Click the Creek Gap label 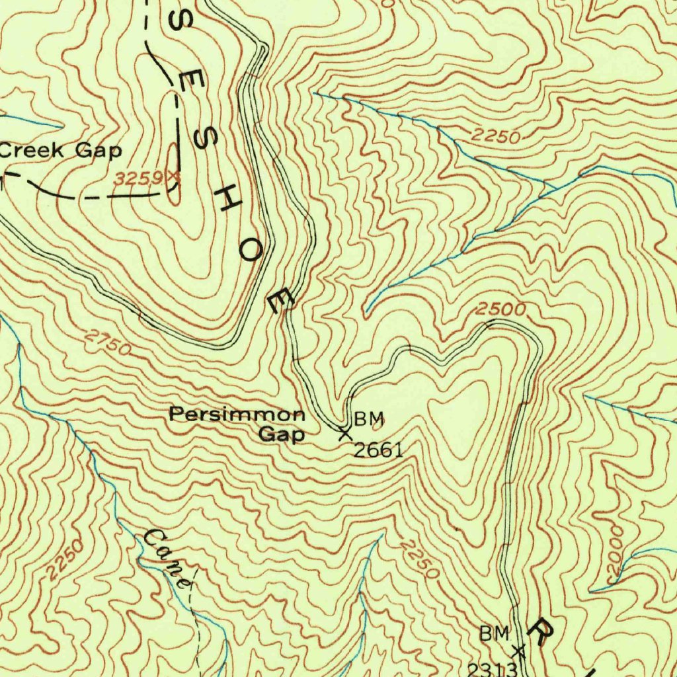point(61,151)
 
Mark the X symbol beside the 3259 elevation point(174,177)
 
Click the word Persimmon point(237,415)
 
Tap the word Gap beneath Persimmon point(281,435)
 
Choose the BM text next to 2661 point(368,418)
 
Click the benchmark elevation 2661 point(378,451)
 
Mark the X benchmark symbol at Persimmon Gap point(344,434)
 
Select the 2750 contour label point(108,343)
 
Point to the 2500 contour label point(501,309)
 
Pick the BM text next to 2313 point(495,634)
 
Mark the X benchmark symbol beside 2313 point(519,651)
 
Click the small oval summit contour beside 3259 point(173,175)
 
